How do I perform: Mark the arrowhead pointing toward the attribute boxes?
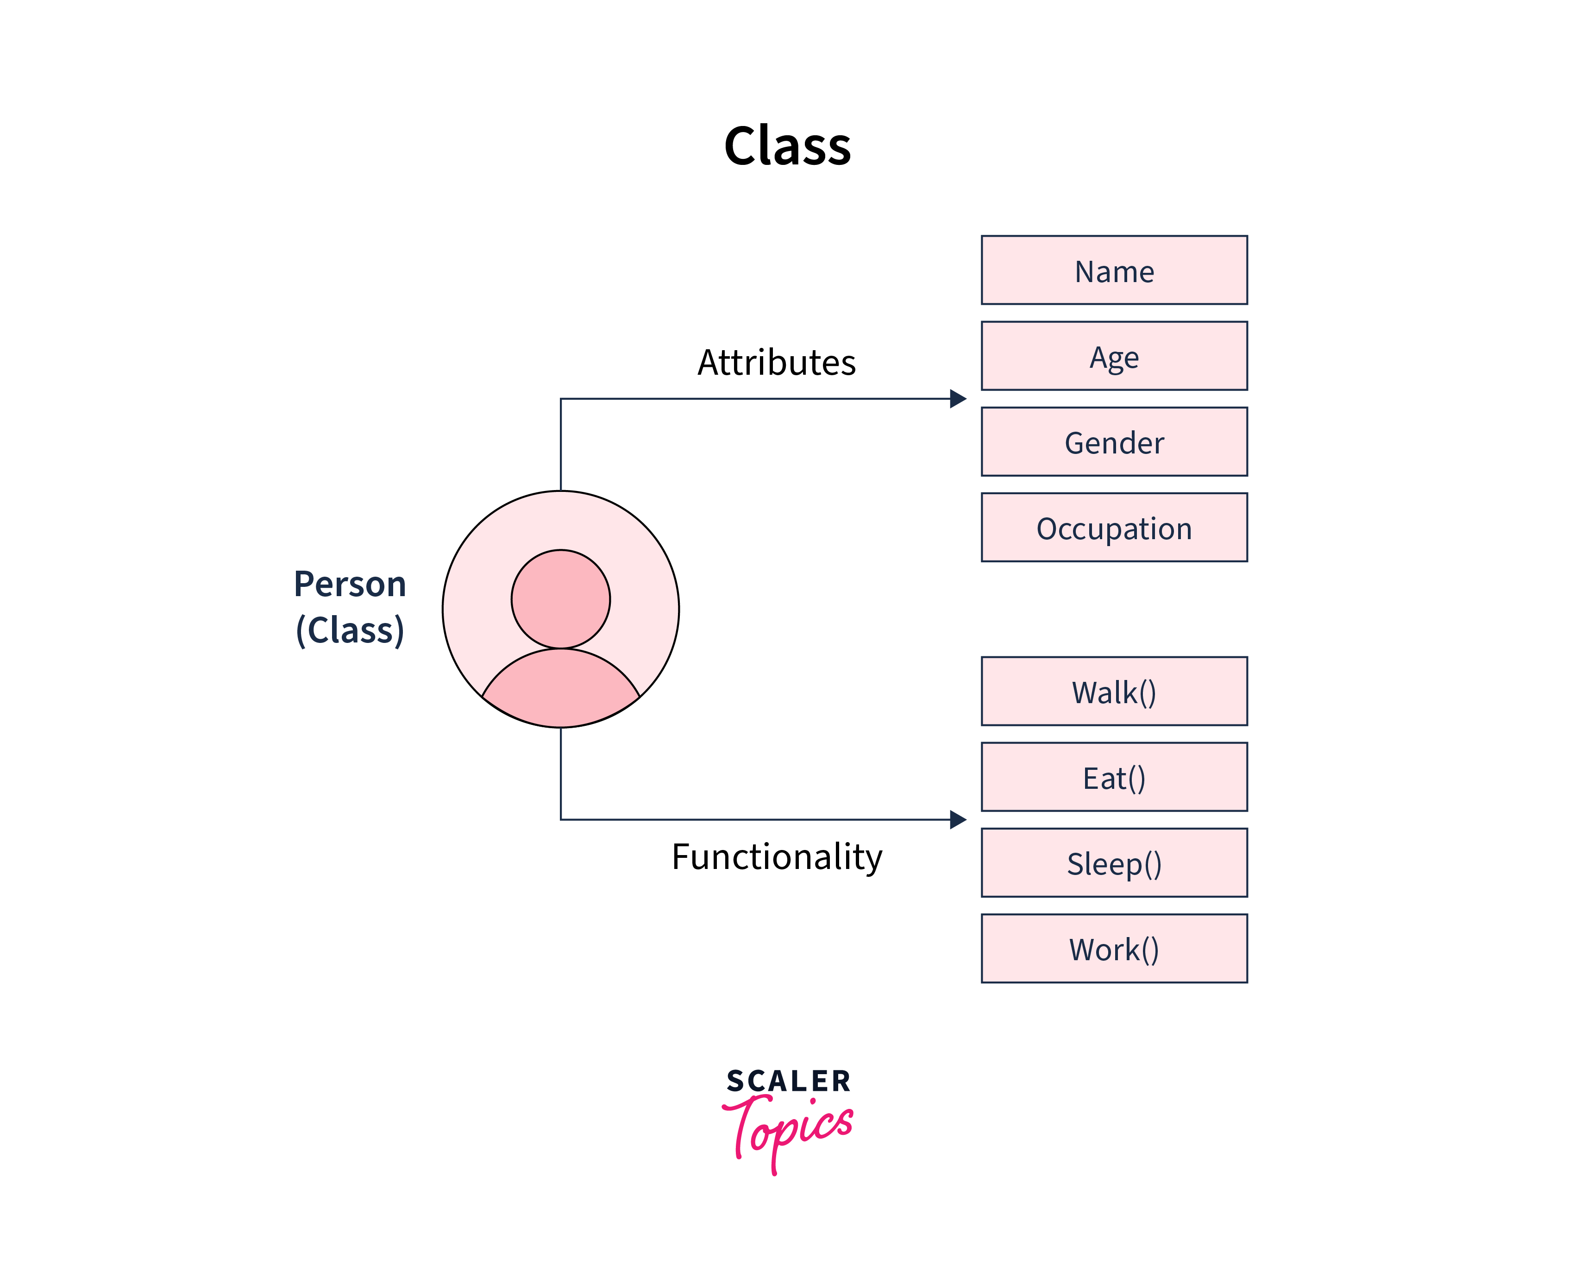click(958, 398)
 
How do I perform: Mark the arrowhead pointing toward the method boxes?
click(958, 819)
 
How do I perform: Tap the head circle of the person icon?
click(560, 598)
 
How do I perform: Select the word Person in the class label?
click(349, 584)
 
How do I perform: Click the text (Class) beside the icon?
click(349, 630)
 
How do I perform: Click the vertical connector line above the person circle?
click(560, 446)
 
